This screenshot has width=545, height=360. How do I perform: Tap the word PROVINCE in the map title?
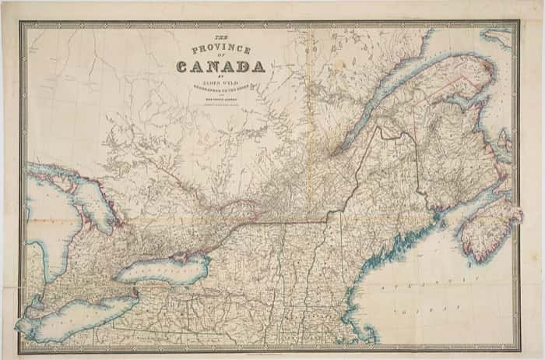tap(227, 50)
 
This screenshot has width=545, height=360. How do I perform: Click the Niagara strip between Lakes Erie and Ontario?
tap(136, 289)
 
